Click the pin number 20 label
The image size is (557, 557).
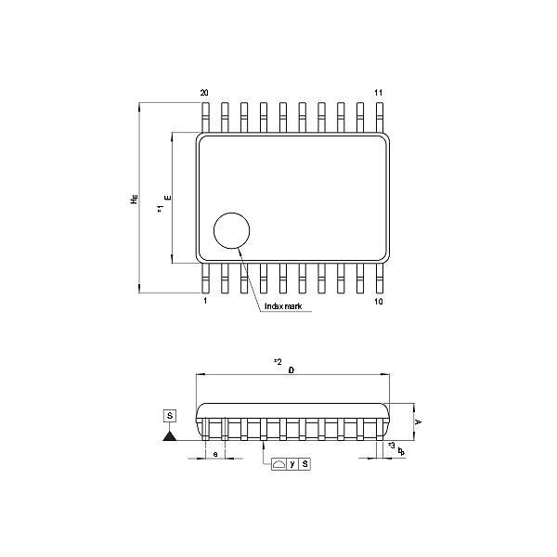point(204,94)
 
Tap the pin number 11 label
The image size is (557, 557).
point(378,94)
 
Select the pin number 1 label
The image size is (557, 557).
point(205,302)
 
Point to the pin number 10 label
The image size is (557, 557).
point(378,302)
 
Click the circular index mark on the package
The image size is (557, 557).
point(232,230)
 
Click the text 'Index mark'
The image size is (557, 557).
point(282,305)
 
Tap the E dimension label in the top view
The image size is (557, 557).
point(167,198)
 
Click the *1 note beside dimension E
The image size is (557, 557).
point(160,212)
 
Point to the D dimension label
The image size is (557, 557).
point(291,369)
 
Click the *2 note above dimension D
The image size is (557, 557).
point(277,360)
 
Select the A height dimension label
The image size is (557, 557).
point(419,421)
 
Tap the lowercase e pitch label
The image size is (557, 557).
point(215,453)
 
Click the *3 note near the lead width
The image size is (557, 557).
point(391,447)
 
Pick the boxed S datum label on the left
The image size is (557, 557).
point(169,415)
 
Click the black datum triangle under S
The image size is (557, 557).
point(169,435)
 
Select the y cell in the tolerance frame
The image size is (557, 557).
point(291,463)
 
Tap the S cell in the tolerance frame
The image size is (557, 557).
point(304,463)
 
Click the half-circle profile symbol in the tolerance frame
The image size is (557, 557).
point(278,463)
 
